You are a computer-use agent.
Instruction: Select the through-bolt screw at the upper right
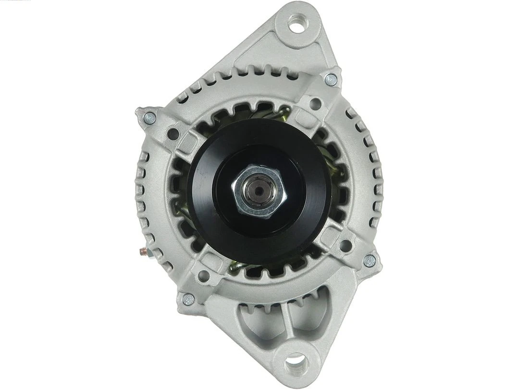pyautogui.click(x=330, y=80)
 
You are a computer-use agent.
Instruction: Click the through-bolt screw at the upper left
pyautogui.click(x=149, y=117)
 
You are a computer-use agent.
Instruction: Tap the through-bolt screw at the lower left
pyautogui.click(x=185, y=299)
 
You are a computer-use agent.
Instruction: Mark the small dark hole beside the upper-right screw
pyautogui.click(x=316, y=103)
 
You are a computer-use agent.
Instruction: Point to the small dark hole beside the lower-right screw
pyautogui.click(x=344, y=247)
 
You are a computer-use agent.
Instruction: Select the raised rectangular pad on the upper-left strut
pyautogui.click(x=189, y=141)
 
